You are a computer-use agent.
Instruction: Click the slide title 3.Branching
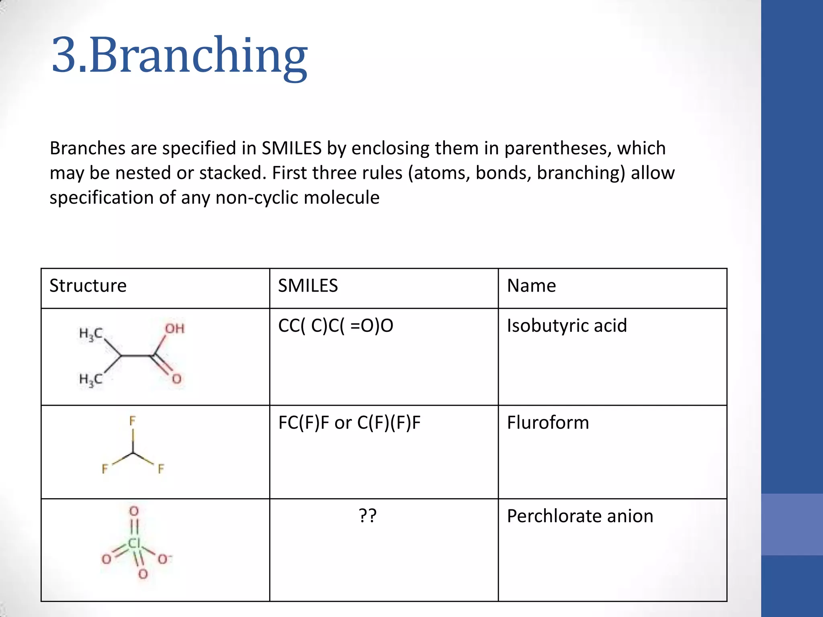[179, 55]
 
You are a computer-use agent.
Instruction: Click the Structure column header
[88, 286]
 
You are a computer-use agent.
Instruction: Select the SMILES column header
[308, 286]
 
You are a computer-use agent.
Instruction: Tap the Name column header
[531, 286]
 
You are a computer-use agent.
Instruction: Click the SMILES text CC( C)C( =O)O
[336, 325]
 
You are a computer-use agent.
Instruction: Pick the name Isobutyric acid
[567, 325]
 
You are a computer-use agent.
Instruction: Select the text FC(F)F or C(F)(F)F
[349, 423]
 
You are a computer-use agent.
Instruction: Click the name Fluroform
[548, 423]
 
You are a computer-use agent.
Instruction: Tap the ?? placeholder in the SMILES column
[367, 516]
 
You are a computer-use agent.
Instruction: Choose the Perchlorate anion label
[580, 516]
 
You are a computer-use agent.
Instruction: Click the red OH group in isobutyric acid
[175, 329]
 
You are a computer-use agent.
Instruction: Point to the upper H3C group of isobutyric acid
[91, 334]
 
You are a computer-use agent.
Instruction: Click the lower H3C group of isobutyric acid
[91, 379]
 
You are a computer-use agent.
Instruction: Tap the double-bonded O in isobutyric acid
[177, 379]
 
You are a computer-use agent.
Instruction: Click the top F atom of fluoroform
[133, 421]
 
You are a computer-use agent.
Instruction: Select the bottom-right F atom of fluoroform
[161, 469]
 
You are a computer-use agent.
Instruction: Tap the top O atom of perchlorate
[134, 511]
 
